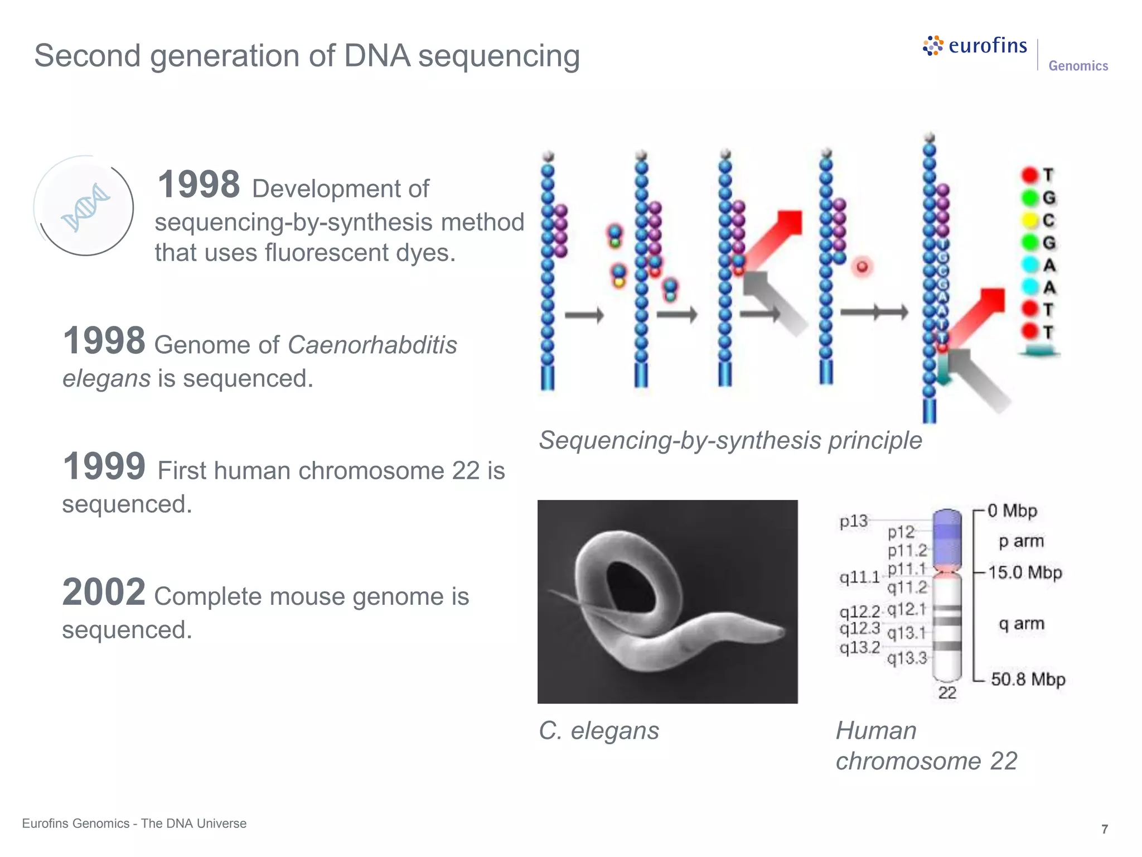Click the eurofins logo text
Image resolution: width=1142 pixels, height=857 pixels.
tap(987, 45)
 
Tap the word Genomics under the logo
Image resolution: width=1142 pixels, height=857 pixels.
tap(1078, 66)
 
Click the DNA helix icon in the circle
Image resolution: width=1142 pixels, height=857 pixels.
tap(85, 207)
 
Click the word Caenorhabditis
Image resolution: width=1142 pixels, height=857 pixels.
tap(372, 345)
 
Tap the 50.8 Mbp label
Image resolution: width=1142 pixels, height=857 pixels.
tap(1028, 679)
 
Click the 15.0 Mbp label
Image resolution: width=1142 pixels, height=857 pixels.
tap(1025, 572)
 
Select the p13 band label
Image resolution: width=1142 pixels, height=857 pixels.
tap(853, 521)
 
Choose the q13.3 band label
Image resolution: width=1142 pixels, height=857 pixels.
tap(907, 658)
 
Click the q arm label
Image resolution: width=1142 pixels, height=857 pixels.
tap(1021, 623)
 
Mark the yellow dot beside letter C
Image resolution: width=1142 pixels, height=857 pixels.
tap(1029, 220)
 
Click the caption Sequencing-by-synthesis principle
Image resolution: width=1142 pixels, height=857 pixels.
tap(730, 440)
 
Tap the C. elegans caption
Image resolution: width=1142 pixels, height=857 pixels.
tap(599, 730)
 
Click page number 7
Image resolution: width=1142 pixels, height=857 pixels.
tap(1104, 829)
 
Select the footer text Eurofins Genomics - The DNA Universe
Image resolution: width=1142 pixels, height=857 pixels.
tap(134, 824)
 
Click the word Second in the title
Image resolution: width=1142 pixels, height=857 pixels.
tap(87, 56)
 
